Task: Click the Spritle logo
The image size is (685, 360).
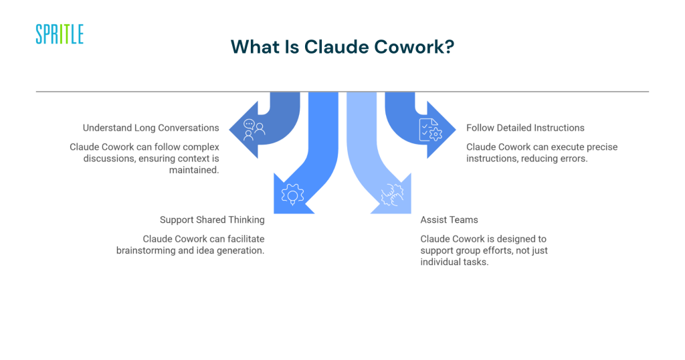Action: [x=60, y=34]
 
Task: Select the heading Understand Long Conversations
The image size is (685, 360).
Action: [x=151, y=128]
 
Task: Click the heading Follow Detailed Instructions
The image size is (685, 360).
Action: [x=525, y=128]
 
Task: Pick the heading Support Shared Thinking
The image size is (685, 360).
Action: [x=212, y=219]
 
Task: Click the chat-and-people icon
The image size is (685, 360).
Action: [x=254, y=128]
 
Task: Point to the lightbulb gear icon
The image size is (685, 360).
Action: [x=292, y=193]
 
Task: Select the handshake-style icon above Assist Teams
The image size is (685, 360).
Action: [x=391, y=194]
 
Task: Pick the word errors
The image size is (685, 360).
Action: [x=571, y=159]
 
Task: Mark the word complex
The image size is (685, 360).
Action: [x=201, y=147]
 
